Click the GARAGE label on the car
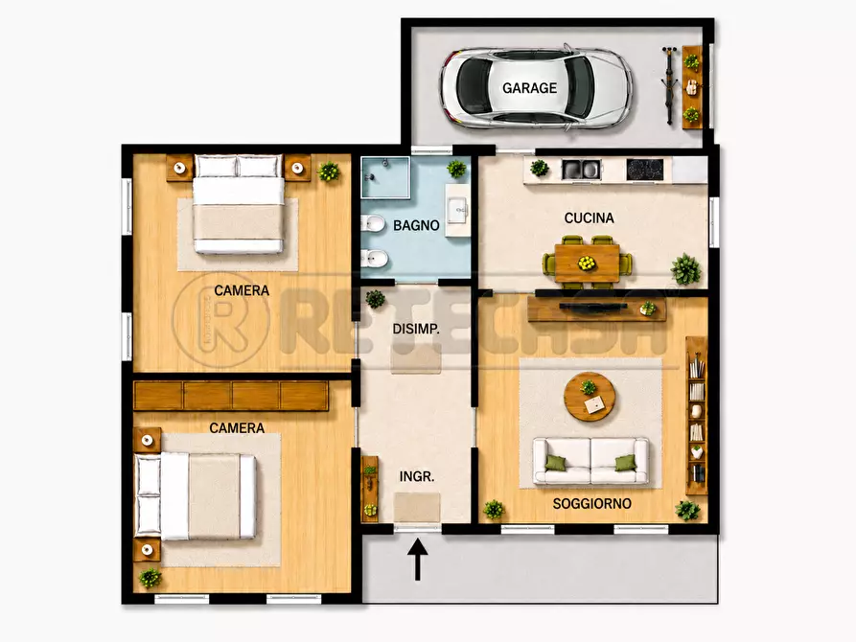[529, 88]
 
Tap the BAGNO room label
[416, 225]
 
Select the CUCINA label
[590, 218]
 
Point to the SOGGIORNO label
[591, 503]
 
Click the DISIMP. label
[416, 329]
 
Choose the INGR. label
[417, 476]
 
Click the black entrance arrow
[418, 559]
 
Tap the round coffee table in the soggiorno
[590, 397]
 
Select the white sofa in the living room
[590, 461]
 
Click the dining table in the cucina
[587, 264]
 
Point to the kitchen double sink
[581, 170]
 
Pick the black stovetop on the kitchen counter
[645, 170]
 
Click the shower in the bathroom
[385, 177]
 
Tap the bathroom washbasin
[457, 209]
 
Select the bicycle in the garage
[669, 84]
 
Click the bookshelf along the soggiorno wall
[696, 416]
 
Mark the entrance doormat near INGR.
[417, 507]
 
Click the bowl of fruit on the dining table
[587, 264]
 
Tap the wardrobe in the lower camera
[231, 395]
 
